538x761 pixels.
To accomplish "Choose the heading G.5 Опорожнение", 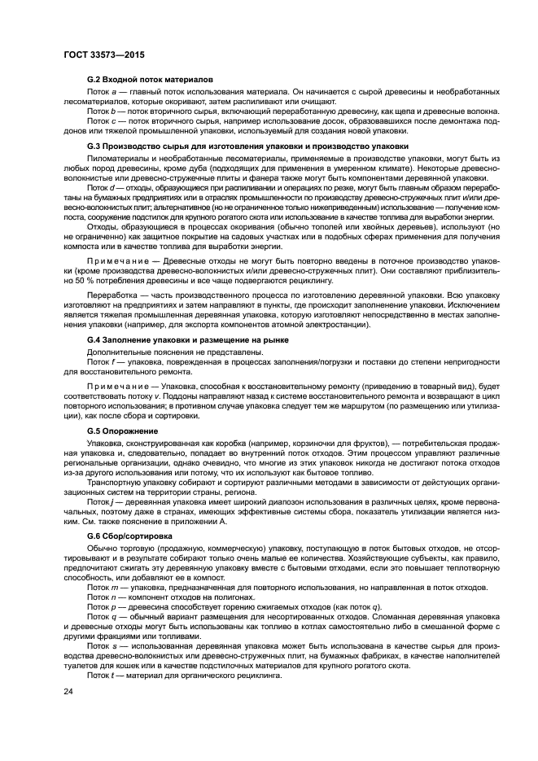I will (x=123, y=431).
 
